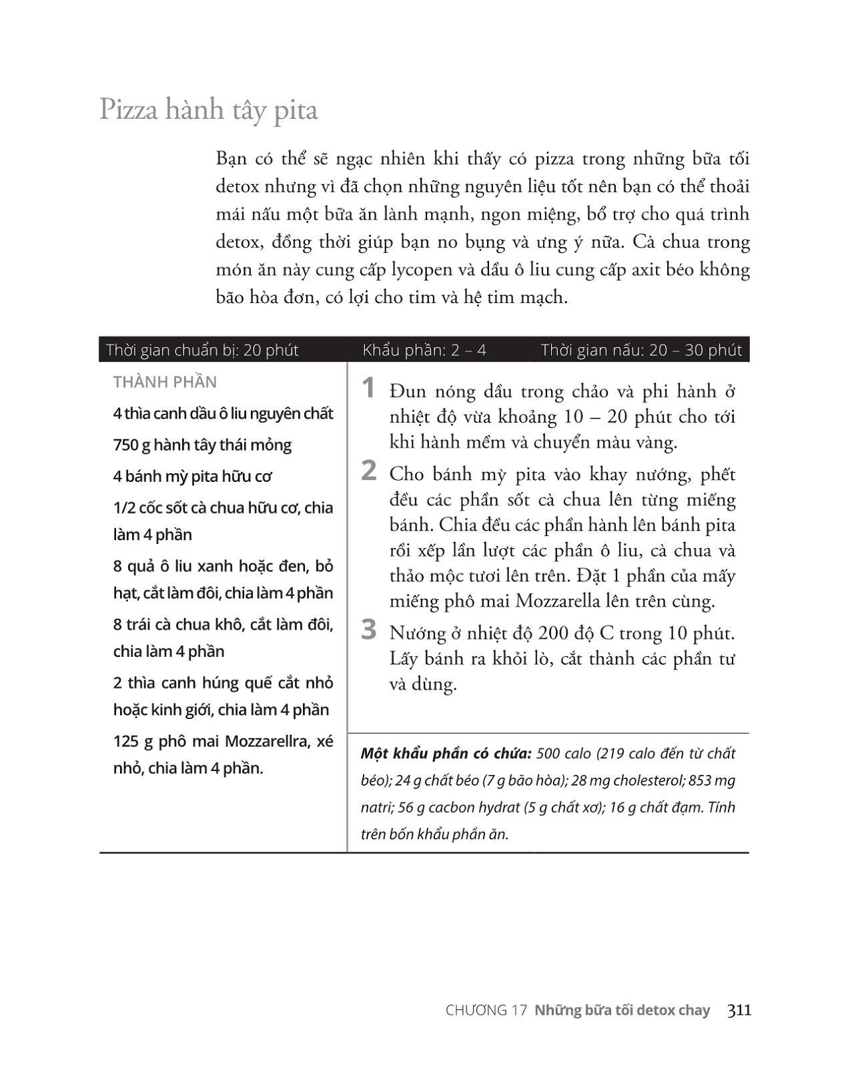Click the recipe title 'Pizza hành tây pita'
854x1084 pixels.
[208, 109]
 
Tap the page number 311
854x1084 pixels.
[739, 1010]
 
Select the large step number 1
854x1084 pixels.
[368, 388]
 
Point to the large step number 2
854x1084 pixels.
[368, 471]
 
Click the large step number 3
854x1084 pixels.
[368, 629]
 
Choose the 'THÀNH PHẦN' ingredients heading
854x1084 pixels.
[165, 382]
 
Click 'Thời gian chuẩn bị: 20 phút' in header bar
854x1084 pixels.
[201, 350]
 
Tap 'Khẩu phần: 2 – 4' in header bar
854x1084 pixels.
[424, 350]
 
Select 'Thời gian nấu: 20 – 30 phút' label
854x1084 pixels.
[641, 350]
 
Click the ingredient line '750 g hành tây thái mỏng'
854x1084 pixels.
[202, 445]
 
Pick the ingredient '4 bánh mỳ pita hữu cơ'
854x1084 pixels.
[192, 476]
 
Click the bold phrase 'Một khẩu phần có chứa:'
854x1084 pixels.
[446, 754]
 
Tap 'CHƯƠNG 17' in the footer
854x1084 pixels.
[486, 1011]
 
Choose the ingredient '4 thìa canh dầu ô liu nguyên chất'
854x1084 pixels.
[223, 413]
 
